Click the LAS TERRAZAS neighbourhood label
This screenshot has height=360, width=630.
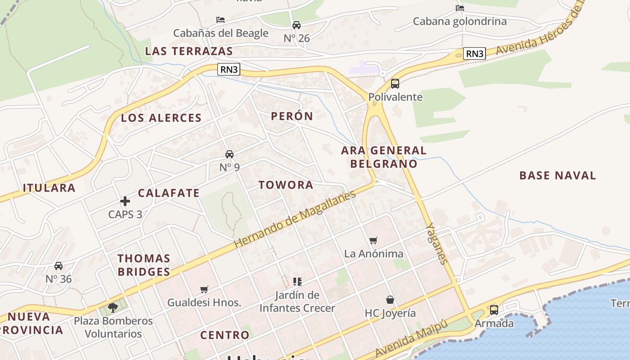[189, 51]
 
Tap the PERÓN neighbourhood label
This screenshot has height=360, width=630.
[292, 116]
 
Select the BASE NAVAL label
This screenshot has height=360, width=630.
[558, 175]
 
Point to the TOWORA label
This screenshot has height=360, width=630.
[286, 185]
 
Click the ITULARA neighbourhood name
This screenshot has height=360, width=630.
[49, 188]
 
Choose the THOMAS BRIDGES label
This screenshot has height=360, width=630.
[144, 265]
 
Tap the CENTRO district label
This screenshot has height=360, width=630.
[225, 335]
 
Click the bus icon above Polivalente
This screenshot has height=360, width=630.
[395, 83]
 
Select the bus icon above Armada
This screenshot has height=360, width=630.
[494, 310]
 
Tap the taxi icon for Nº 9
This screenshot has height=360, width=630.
[229, 154]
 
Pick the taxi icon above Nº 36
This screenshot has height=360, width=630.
[58, 265]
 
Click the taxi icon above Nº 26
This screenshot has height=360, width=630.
[297, 25]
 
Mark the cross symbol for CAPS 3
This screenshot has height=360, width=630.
[125, 201]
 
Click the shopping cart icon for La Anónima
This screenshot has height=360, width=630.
[373, 240]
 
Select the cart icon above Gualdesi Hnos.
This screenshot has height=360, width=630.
[204, 289]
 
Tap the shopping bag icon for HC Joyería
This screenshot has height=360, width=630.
[390, 300]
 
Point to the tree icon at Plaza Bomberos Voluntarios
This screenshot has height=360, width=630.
[113, 308]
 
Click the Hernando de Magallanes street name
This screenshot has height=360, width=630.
[295, 219]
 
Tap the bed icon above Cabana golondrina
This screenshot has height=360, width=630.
[459, 8]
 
